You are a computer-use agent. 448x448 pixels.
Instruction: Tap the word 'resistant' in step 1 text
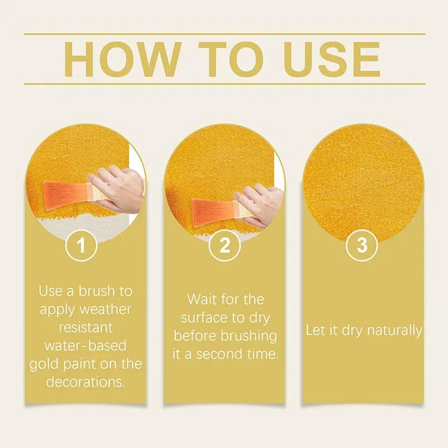85,328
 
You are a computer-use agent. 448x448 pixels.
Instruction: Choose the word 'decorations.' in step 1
85,382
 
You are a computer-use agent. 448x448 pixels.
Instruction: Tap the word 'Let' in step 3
315,330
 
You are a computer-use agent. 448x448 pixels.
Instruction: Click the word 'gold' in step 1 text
44,364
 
